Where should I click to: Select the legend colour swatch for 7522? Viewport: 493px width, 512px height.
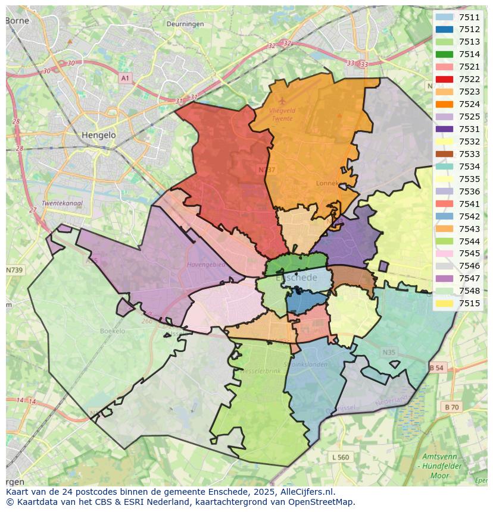click(444, 80)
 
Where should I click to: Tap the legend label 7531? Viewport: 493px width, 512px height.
click(469, 129)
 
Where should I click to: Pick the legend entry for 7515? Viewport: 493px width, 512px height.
click(469, 303)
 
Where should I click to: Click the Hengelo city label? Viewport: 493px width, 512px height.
click(99, 135)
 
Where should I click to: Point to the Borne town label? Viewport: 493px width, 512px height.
click(17, 20)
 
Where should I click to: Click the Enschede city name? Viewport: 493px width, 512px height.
click(297, 278)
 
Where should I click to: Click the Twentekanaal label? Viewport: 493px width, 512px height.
click(62, 203)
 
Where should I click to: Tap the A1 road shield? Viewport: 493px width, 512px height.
click(124, 78)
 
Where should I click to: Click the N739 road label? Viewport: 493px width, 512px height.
click(14, 270)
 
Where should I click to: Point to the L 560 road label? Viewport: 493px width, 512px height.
click(341, 457)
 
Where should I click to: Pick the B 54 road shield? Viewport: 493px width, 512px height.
click(436, 368)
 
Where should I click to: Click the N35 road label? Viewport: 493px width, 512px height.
click(389, 353)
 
